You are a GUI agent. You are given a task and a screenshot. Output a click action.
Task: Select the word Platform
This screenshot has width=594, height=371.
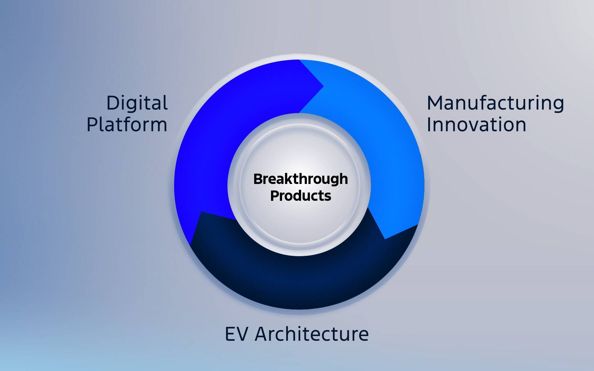tap(127, 124)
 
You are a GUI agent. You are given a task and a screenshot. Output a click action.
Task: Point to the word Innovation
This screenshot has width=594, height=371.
tap(476, 124)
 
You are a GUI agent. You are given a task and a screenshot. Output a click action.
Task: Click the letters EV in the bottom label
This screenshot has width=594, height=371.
tap(236, 334)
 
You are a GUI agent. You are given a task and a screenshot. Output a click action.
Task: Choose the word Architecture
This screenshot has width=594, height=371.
tap(312, 334)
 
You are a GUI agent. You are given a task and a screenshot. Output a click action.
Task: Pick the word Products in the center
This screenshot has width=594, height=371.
tap(301, 196)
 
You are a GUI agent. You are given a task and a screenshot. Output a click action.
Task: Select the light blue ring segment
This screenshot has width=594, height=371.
tap(396, 144)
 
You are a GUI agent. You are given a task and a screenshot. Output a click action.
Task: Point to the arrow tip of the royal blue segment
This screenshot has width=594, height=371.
tap(324, 86)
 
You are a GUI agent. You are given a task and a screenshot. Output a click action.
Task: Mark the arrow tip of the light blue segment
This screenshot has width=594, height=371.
tap(385, 239)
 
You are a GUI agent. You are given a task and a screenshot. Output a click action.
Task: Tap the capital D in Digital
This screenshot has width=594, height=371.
tap(114, 103)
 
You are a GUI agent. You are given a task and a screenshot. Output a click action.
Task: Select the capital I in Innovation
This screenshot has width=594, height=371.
tap(429, 124)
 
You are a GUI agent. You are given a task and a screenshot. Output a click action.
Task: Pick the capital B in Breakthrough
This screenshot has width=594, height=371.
tap(258, 179)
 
